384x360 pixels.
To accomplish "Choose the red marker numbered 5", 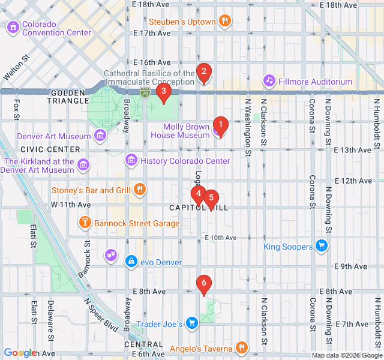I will click(211, 199).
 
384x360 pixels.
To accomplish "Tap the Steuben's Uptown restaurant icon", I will click(225, 22).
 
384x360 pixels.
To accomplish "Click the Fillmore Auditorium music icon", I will click(269, 81).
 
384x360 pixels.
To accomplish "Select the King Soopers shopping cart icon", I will click(322, 247).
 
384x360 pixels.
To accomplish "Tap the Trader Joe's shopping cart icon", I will click(191, 324).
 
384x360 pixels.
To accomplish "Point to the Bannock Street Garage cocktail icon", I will click(85, 223).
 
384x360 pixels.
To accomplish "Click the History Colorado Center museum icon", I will click(131, 161).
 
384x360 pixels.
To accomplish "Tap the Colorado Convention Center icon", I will click(13, 28).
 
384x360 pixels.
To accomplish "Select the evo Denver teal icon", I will click(131, 261).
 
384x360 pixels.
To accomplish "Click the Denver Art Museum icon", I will click(100, 136).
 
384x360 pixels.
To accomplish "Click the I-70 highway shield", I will click(145, 92).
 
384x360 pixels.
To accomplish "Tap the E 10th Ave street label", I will click(220, 238).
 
